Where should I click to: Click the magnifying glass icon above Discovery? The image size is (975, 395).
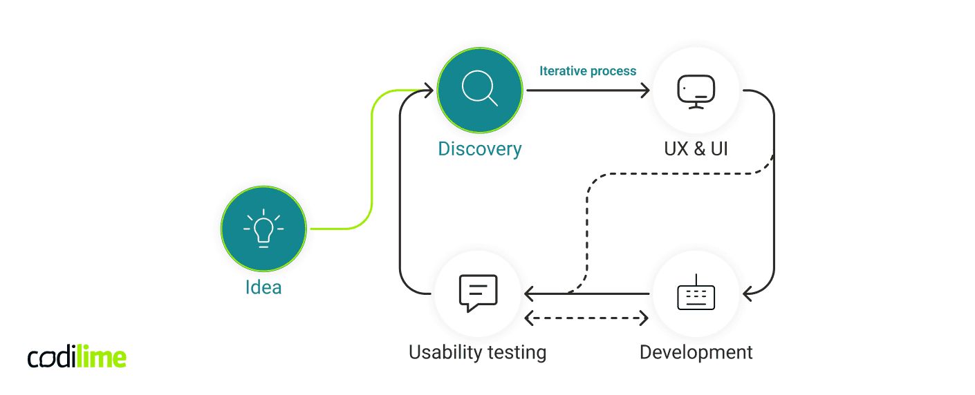[479, 90]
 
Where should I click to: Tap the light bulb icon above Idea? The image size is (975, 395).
[263, 229]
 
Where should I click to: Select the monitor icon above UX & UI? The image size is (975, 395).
[696, 90]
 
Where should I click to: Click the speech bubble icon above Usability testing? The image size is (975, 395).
[479, 293]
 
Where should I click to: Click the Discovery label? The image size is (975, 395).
[479, 148]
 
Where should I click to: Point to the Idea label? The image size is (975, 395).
[263, 287]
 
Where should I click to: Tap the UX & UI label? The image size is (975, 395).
[696, 148]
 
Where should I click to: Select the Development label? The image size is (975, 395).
[696, 352]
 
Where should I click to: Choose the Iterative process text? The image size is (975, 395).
[588, 70]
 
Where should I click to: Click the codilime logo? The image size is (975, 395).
[77, 357]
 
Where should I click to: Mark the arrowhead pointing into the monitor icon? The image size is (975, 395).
[645, 90]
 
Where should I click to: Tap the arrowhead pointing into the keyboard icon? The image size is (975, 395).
[748, 294]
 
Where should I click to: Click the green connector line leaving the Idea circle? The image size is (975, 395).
[372, 173]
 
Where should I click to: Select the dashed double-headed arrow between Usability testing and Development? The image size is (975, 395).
[586, 318]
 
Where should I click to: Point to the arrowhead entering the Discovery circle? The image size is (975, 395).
[427, 90]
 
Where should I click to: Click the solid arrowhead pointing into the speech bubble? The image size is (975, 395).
[530, 294]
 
